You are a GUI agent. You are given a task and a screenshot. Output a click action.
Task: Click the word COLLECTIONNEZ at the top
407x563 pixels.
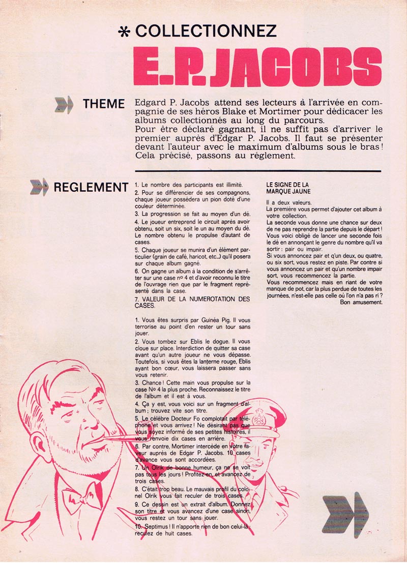206,31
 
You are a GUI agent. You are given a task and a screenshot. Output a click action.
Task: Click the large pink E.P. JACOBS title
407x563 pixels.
257,67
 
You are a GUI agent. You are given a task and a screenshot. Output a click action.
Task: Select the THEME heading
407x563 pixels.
104,104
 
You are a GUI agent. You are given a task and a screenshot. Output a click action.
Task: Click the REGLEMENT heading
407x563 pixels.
91,188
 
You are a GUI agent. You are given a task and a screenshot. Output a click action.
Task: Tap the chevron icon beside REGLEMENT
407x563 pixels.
40,188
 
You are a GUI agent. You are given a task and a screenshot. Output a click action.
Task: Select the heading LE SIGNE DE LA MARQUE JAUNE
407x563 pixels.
288,188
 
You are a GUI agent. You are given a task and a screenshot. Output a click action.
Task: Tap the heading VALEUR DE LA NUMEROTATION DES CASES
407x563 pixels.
192,303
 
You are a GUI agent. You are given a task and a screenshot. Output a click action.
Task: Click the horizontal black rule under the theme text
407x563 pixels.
256,170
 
